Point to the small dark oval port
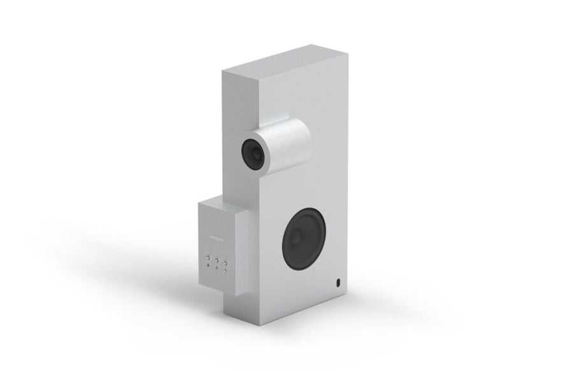337,281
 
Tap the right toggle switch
225,263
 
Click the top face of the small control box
220,205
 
